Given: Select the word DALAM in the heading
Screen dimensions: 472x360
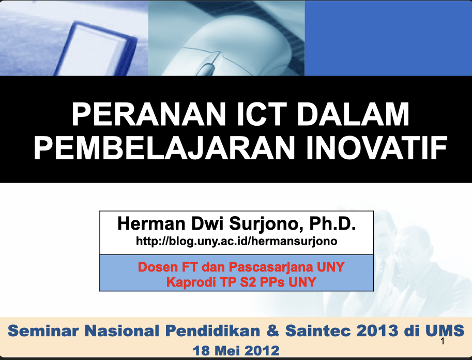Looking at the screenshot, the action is pyautogui.click(x=353, y=114).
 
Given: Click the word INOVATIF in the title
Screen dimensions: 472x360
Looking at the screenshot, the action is pyautogui.click(x=376, y=147).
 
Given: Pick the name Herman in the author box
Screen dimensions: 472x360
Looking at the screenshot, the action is pyautogui.click(x=151, y=223).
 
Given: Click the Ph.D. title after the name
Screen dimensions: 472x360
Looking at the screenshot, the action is pyautogui.click(x=332, y=223).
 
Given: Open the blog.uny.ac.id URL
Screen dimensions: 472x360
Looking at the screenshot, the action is pyautogui.click(x=237, y=242).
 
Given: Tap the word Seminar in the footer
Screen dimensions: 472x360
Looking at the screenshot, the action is pyautogui.click(x=43, y=331).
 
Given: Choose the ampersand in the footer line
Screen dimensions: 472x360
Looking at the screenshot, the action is pyautogui.click(x=273, y=331).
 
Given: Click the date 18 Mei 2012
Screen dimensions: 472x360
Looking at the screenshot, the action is pyautogui.click(x=236, y=351).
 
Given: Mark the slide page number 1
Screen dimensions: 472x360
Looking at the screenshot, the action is pyautogui.click(x=442, y=341).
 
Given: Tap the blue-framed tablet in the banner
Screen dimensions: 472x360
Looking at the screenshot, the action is pyautogui.click(x=96, y=49).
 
